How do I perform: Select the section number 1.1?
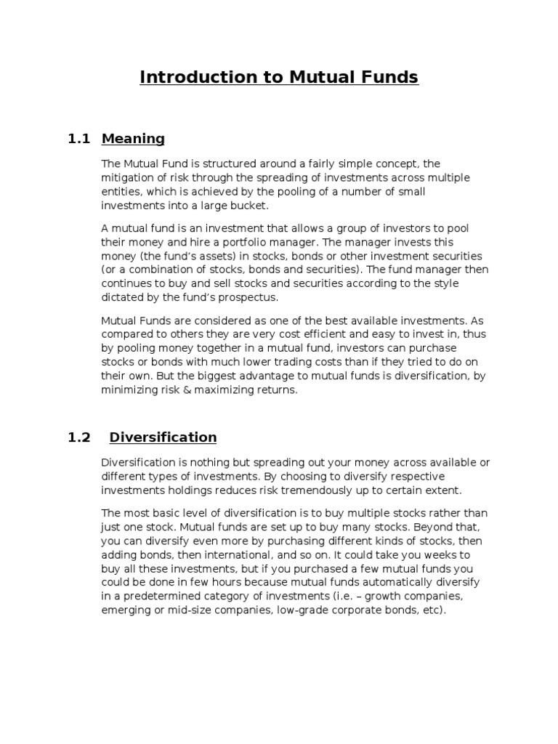(78, 138)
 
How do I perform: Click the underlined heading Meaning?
(133, 138)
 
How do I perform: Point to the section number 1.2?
(78, 437)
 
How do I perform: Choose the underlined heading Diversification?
(163, 437)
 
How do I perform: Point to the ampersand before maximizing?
(179, 389)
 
